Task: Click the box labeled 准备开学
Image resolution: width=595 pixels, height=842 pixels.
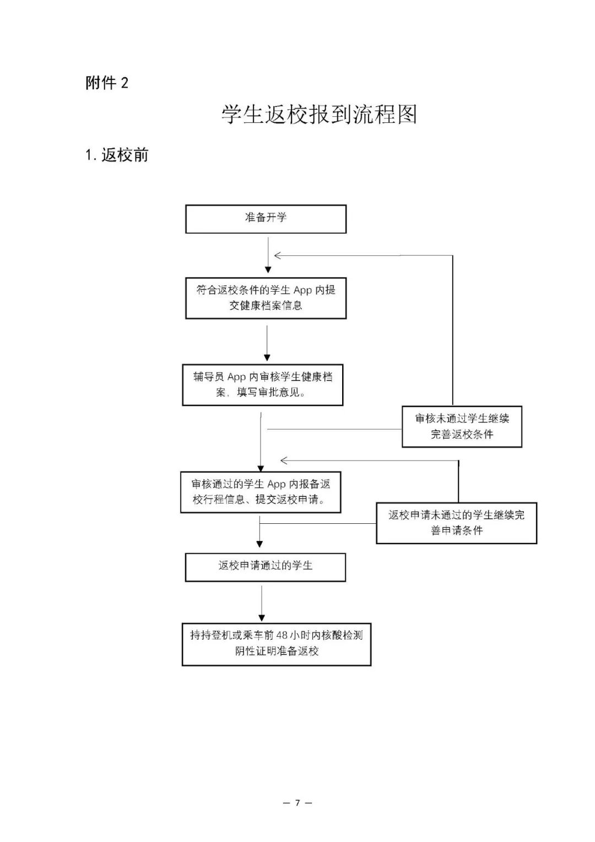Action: click(266, 219)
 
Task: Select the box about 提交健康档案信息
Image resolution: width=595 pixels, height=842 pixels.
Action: click(266, 298)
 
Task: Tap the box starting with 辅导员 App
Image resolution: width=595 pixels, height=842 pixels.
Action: click(262, 385)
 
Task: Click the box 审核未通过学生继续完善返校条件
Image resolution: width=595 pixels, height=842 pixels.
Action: click(462, 426)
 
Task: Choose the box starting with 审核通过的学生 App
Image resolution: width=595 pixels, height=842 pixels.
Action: click(261, 492)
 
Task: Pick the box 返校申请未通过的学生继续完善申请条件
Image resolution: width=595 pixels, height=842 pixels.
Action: click(456, 523)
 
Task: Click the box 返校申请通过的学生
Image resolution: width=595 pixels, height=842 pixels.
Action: click(265, 567)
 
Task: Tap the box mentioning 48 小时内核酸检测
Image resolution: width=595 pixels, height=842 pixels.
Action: click(276, 644)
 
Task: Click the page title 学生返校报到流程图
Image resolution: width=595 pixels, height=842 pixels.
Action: click(319, 114)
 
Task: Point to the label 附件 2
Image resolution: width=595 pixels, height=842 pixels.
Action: click(107, 83)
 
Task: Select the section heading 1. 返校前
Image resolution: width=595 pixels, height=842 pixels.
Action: click(117, 155)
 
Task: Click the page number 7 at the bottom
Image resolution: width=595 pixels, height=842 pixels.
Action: click(297, 803)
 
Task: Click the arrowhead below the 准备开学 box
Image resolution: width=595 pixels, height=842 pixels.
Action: click(268, 270)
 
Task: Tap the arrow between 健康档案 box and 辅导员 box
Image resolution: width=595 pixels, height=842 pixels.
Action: click(267, 357)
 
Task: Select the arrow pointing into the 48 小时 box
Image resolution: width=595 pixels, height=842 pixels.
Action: click(262, 618)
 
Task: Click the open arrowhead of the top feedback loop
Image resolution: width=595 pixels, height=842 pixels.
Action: click(278, 255)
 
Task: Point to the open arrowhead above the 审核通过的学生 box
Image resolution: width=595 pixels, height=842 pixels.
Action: click(284, 460)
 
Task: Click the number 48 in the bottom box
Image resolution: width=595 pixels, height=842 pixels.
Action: click(282, 635)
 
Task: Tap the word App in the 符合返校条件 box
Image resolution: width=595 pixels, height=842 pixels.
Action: click(302, 290)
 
